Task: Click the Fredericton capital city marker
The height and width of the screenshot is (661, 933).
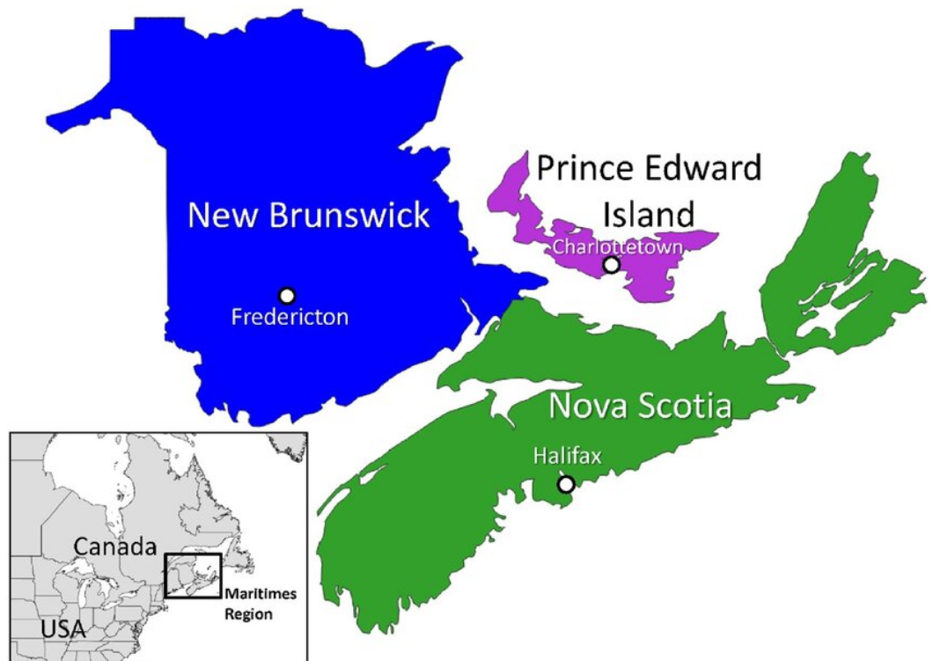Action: (x=286, y=296)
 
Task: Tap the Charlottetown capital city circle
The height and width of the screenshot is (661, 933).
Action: (x=611, y=264)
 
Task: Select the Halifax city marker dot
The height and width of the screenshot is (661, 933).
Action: (x=566, y=484)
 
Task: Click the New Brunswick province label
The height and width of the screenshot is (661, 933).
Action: (x=309, y=215)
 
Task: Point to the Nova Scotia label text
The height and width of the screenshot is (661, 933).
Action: (x=640, y=408)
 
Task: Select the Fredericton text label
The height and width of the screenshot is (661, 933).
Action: (x=290, y=317)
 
